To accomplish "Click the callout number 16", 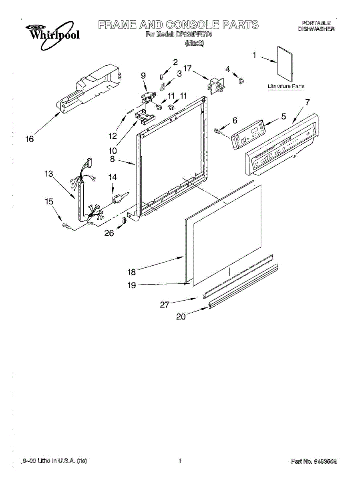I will [29, 139].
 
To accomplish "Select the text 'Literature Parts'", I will [286, 86].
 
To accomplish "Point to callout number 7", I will [307, 102].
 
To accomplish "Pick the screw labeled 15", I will [66, 227].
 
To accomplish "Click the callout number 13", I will [49, 174].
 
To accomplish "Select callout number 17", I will [188, 68].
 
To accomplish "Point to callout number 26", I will [109, 233].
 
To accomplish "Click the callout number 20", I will [181, 316].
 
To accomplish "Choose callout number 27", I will [165, 305].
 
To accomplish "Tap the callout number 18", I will [132, 272].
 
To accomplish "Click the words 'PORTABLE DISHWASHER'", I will [316, 26].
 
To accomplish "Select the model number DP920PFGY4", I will [193, 35].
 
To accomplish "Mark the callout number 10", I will [113, 151].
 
